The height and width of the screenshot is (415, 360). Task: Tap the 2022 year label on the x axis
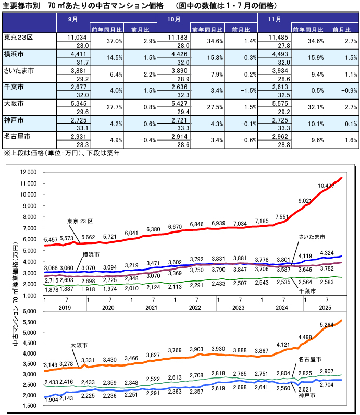point(194,308)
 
